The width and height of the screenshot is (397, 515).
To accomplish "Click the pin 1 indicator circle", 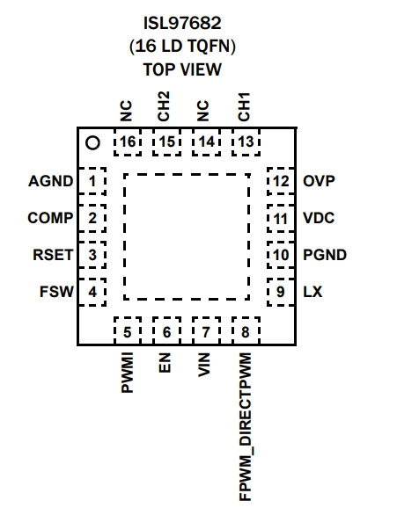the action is [x=92, y=143].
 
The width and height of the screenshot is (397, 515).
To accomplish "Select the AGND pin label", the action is [x=51, y=181].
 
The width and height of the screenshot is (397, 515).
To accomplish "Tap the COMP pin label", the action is [x=50, y=218].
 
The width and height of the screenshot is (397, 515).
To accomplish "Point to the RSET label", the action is [x=53, y=255].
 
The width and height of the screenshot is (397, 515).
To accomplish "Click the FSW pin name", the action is [x=56, y=292].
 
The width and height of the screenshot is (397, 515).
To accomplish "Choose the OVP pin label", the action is [x=319, y=181].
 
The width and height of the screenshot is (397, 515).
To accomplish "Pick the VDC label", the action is [x=319, y=218].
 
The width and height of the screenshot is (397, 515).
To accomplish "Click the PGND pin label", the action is [x=325, y=255].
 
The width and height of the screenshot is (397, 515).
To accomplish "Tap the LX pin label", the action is [x=312, y=292].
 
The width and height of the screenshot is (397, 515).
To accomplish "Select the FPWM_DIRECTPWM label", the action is [x=246, y=427].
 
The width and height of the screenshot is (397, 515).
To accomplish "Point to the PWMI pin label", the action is [x=127, y=373].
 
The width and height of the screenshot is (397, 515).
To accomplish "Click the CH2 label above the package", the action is [x=164, y=106].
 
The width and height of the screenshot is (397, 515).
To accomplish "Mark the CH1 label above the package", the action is [x=244, y=106].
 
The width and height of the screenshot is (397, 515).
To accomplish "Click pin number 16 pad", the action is [x=128, y=142].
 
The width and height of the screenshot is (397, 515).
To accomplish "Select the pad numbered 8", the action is [x=246, y=330].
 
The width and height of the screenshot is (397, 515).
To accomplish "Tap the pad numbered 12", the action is [x=281, y=181].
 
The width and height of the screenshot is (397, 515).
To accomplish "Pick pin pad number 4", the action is [x=92, y=292].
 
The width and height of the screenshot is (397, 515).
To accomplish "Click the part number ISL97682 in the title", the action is [x=182, y=23].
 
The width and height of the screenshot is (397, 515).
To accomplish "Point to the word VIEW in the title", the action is [x=202, y=69].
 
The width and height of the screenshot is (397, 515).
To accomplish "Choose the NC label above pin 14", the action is [x=203, y=111].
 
